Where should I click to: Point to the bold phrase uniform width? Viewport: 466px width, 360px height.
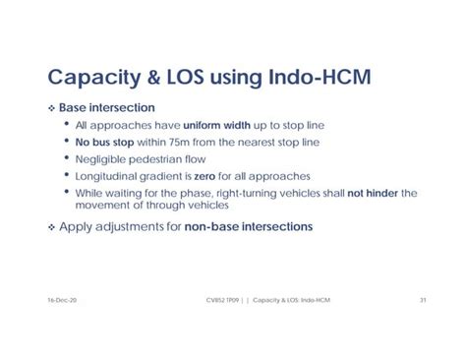(219, 125)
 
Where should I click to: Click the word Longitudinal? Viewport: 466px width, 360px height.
(109, 178)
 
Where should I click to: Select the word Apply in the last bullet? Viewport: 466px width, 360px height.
(78, 226)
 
